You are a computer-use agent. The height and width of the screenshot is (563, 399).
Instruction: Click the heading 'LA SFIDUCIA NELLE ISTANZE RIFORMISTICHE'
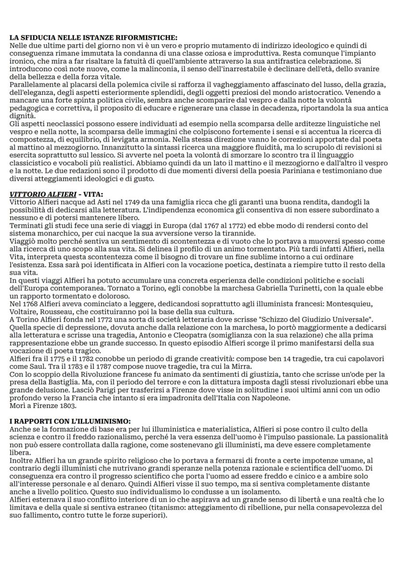[93, 38]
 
